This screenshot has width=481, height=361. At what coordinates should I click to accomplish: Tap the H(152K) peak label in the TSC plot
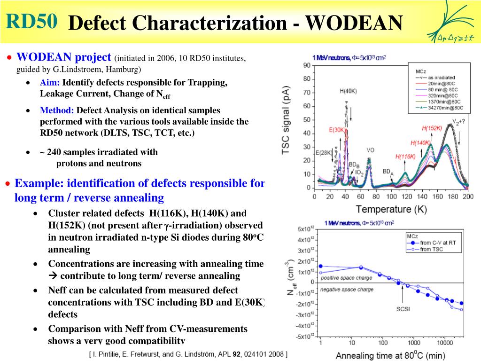click(x=432, y=128)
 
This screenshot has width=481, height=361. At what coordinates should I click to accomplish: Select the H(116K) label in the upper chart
click(x=405, y=157)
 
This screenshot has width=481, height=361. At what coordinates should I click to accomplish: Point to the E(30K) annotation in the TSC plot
click(x=337, y=130)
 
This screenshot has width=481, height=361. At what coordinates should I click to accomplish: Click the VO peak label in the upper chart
click(x=370, y=150)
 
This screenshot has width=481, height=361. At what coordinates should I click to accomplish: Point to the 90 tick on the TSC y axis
click(x=306, y=65)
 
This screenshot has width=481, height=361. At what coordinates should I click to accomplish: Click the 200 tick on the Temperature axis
click(x=467, y=196)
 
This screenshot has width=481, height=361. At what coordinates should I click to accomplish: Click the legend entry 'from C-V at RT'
click(x=438, y=243)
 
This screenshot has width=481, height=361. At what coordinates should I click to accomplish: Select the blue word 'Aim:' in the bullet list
click(x=49, y=83)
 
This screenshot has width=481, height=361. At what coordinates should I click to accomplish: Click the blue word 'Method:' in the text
click(x=57, y=111)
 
